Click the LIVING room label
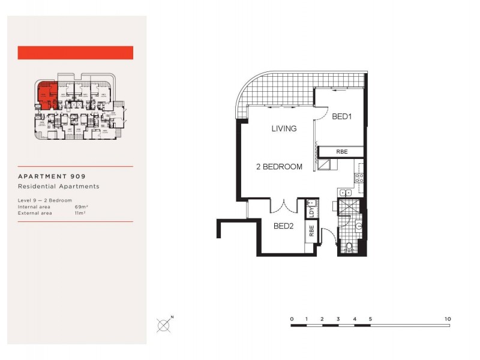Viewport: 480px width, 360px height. point(284,128)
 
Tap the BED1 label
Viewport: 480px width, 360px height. point(341,117)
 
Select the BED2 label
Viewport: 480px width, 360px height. point(284,226)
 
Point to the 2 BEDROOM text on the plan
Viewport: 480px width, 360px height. point(280,166)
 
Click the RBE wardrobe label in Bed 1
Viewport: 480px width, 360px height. point(341,151)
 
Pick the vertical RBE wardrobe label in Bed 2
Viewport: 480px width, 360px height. point(311,230)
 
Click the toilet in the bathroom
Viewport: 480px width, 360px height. point(349,247)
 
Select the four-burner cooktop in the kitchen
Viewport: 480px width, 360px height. point(359,178)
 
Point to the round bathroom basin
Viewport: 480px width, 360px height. point(358,226)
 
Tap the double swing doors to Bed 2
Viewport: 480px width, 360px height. point(283,207)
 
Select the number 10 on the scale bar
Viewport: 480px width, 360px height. point(448,319)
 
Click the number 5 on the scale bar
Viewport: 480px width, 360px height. point(370,319)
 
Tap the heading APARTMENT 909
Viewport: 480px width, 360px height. point(52,176)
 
